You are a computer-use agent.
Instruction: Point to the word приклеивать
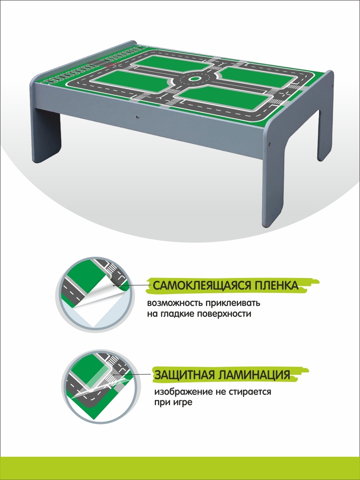233,304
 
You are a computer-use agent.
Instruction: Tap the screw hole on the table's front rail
137,117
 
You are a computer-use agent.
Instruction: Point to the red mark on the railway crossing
113,64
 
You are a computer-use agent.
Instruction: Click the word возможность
174,304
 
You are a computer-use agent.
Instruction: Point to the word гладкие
176,314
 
